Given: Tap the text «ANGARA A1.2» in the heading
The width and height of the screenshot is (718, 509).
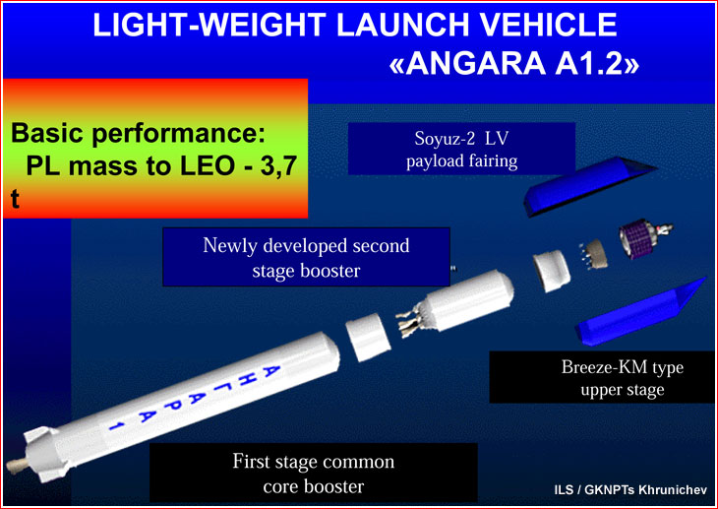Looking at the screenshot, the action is tap(513, 62).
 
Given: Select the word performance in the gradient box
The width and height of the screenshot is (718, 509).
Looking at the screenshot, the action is tap(178, 134).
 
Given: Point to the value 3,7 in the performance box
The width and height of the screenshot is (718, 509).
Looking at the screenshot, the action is tap(279, 166).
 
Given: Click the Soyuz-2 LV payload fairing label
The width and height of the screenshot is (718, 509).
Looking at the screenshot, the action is tap(461, 149).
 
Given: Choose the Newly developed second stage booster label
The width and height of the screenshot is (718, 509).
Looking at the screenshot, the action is tap(306, 257).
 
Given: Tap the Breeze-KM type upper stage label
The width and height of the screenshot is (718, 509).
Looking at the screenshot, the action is tap(623, 378).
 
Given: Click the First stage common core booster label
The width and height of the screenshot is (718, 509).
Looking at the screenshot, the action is tap(313, 474).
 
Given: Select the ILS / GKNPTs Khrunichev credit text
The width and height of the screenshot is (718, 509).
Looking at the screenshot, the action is tap(630, 489).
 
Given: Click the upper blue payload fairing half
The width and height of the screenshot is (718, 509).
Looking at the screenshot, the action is tap(586, 185).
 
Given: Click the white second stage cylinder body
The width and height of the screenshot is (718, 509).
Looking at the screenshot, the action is tap(470, 299).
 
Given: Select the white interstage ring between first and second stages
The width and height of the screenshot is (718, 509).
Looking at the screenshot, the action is tap(367, 337).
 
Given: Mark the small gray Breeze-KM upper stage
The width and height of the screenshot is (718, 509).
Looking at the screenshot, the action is tap(594, 253).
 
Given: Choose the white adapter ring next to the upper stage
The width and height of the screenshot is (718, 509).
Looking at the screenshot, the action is tap(552, 271).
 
